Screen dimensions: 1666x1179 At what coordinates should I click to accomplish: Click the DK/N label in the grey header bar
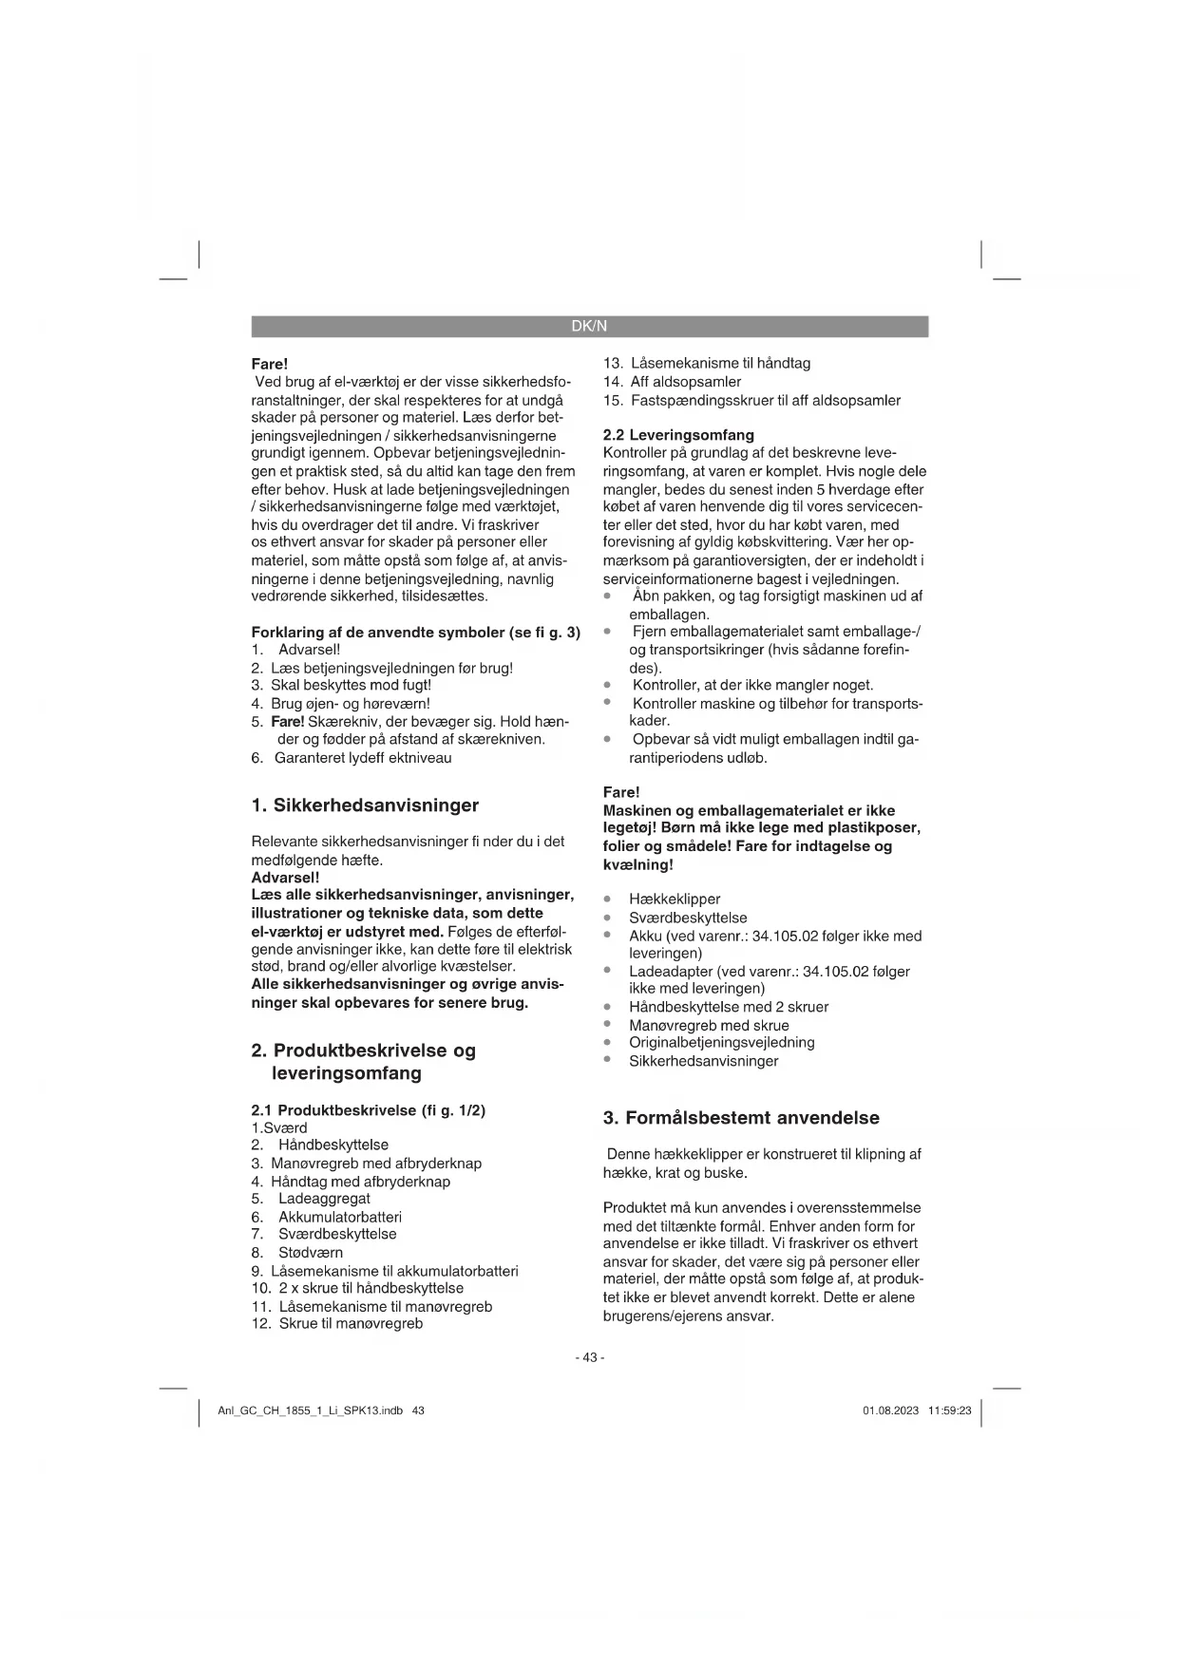pyautogui.click(x=589, y=327)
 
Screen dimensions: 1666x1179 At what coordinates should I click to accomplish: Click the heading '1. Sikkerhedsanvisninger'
pyautogui.click(x=365, y=805)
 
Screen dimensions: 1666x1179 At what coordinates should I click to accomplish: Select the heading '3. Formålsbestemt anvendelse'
pyautogui.click(x=741, y=1118)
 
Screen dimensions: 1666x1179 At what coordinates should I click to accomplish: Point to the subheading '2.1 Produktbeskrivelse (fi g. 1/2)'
pyautogui.click(x=369, y=1110)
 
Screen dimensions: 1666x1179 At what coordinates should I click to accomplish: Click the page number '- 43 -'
pyautogui.click(x=589, y=1357)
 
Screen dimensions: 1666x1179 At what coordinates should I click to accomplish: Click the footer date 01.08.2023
pyautogui.click(x=890, y=1410)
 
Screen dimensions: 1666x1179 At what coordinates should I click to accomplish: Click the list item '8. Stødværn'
pyautogui.click(x=297, y=1253)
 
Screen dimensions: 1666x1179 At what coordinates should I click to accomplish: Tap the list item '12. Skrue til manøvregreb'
pyautogui.click(x=337, y=1323)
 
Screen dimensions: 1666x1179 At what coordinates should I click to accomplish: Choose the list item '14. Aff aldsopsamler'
pyautogui.click(x=673, y=382)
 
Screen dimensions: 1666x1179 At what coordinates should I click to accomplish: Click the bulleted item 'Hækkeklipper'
pyautogui.click(x=675, y=899)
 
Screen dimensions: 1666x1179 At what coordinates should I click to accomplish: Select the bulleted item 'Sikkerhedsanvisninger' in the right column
pyautogui.click(x=703, y=1061)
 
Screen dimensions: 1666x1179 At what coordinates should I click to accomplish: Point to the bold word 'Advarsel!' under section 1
pyautogui.click(x=285, y=878)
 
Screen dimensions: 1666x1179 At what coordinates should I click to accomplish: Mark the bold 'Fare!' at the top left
pyautogui.click(x=269, y=364)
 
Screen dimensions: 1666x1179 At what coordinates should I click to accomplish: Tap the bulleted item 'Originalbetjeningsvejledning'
pyautogui.click(x=721, y=1042)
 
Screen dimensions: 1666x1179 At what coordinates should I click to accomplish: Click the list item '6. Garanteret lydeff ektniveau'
pyautogui.click(x=352, y=758)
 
